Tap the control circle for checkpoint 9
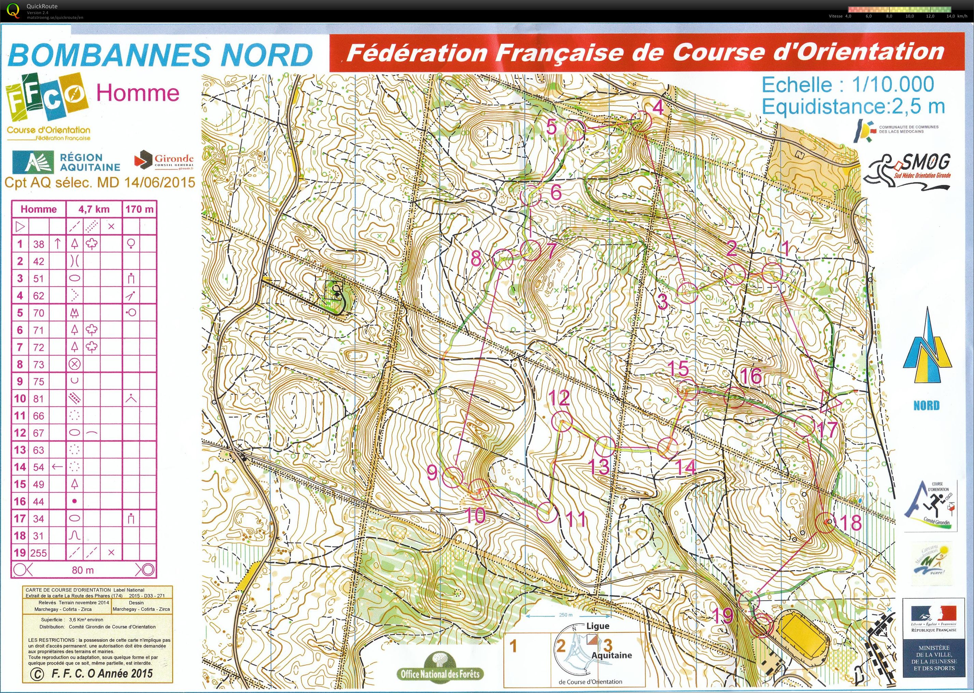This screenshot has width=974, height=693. tap(454, 477)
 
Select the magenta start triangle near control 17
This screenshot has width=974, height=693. tap(830, 402)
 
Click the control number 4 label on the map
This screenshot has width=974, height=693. tap(658, 107)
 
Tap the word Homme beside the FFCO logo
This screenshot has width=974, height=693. tap(139, 93)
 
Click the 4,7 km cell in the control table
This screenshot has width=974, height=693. tap(94, 209)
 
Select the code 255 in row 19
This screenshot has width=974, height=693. tap(38, 553)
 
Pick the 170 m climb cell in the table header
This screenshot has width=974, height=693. tap(139, 209)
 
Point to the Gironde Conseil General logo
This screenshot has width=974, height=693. tap(164, 161)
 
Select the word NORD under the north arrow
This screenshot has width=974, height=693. tap(927, 405)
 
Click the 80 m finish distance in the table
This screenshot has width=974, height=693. tap(83, 570)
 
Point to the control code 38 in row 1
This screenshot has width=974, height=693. tap(38, 244)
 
